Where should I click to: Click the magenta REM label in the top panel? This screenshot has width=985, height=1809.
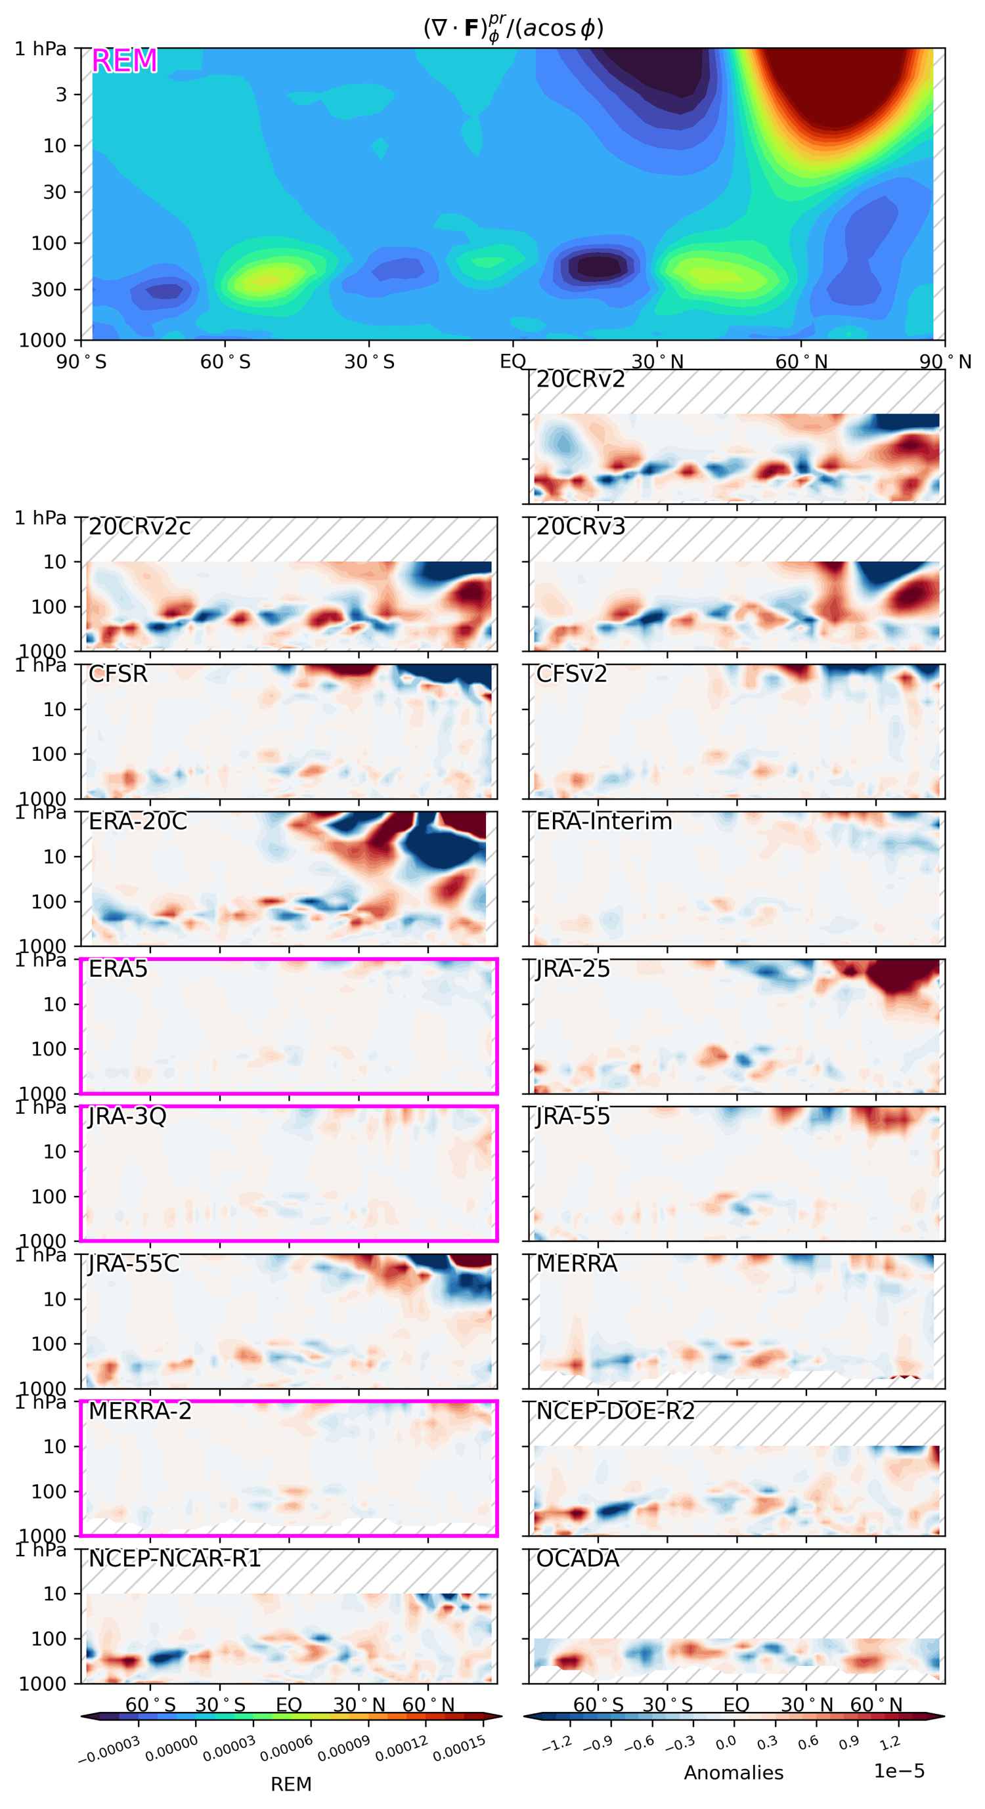tap(124, 62)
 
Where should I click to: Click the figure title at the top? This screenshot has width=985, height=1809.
tap(513, 29)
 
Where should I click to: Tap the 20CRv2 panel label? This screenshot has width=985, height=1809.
tap(580, 380)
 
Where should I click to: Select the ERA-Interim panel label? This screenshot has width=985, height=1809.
tap(603, 822)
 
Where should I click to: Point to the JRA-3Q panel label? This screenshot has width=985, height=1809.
tap(127, 1116)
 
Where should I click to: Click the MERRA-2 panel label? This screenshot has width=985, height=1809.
tap(140, 1411)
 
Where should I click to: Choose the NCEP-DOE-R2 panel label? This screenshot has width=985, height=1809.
tap(615, 1411)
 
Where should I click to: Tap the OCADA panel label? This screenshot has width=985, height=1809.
tap(577, 1558)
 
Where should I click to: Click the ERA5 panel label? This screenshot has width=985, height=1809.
tap(118, 969)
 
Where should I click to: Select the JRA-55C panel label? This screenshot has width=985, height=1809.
tap(133, 1264)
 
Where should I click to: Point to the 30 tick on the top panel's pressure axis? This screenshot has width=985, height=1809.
tap(55, 192)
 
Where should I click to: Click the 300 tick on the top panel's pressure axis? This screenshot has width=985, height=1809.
tap(49, 289)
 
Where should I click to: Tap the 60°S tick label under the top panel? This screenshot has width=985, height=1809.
tap(225, 362)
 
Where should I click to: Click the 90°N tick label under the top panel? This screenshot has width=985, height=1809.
tap(946, 362)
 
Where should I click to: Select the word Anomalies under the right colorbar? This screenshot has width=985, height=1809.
tap(733, 1772)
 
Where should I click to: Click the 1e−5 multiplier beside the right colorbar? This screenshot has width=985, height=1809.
tap(899, 1770)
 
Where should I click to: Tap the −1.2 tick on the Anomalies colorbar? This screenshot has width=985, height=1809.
tap(557, 1744)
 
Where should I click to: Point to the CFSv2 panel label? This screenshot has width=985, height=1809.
tap(571, 674)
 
